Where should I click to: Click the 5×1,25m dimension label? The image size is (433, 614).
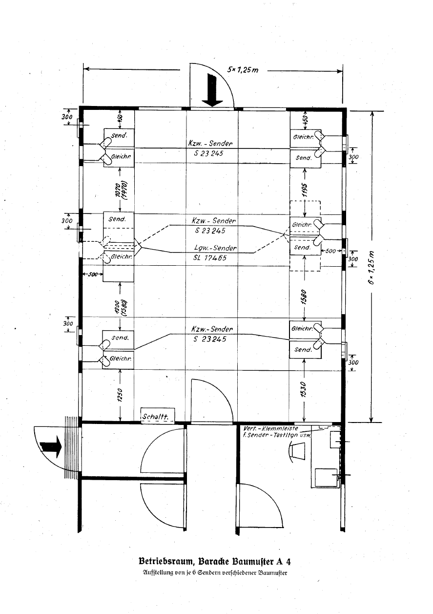pos(243,70)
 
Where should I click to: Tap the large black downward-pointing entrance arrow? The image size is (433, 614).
pos(212,90)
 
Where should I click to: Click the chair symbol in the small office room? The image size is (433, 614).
pos(296,451)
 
